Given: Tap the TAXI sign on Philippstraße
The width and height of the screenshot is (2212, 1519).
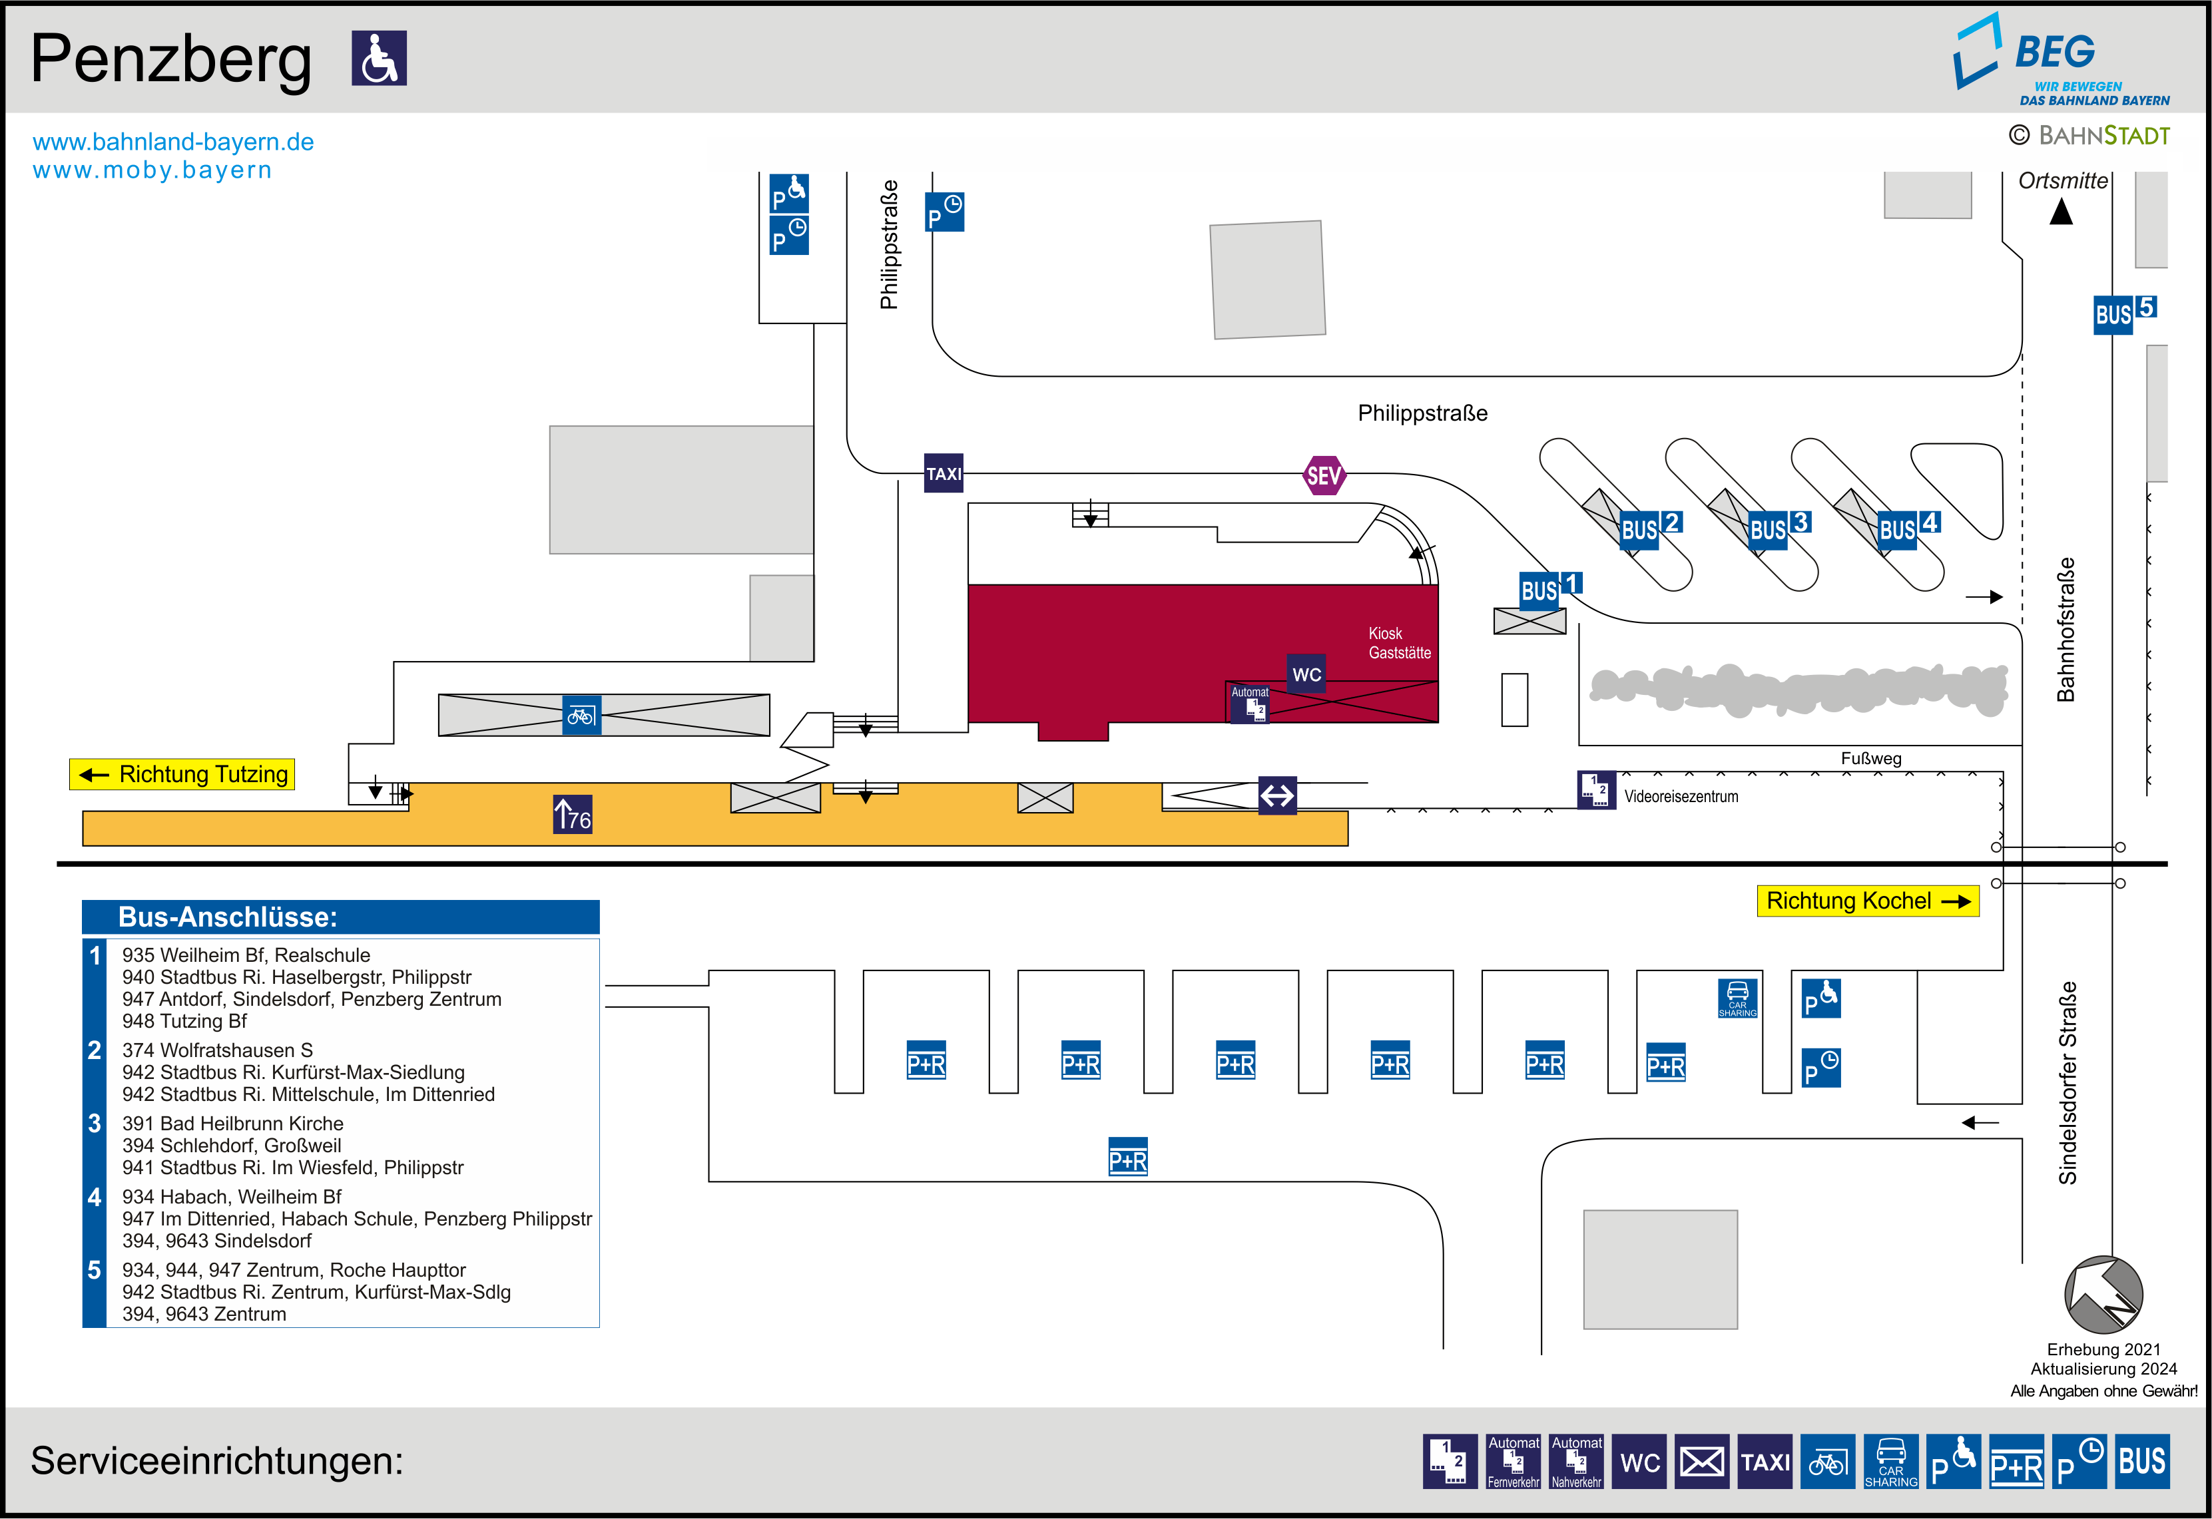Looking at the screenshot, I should point(944,473).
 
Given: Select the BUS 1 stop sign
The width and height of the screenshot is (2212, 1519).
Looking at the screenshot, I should point(1549,588).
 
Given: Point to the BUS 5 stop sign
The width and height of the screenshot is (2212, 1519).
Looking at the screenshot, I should point(2123,313).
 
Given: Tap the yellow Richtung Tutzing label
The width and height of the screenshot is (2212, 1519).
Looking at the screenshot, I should point(182,773).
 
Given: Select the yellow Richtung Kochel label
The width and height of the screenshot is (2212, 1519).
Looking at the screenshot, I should point(1866,901).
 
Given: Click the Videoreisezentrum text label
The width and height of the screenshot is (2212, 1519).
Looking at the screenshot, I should point(1680,797).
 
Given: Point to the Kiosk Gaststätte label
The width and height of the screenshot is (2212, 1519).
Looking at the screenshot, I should point(1398,642).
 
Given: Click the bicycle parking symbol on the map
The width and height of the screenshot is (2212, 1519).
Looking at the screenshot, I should point(581,715).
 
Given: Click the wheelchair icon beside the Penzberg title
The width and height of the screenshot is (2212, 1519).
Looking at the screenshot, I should point(379,58).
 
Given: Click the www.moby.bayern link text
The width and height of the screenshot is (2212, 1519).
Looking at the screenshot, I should point(152,170).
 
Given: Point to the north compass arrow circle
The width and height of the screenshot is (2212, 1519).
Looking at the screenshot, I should point(2103,1295).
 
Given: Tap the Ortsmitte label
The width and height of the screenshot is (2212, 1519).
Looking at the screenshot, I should point(2063,181).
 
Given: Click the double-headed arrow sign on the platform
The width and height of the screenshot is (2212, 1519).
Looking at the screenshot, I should point(1276,795).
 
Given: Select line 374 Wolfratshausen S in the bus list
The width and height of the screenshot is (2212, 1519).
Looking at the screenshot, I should point(217,1050).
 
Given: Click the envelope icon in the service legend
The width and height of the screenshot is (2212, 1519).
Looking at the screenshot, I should point(1701,1461).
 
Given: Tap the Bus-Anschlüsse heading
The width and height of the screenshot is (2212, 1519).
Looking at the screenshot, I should point(228,917).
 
